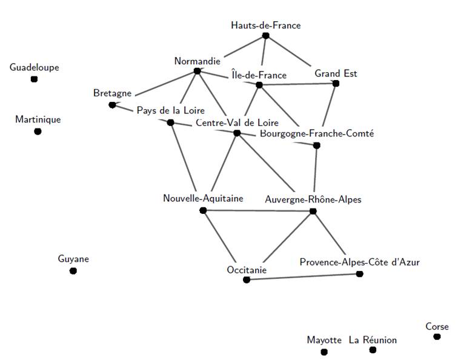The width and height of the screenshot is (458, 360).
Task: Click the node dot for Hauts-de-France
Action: point(265,36)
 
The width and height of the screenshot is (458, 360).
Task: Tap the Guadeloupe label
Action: point(35,67)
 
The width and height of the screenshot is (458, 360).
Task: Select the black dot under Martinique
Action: point(38,132)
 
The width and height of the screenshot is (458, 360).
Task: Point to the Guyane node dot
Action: point(73,271)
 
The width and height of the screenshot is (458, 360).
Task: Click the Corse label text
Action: point(437,327)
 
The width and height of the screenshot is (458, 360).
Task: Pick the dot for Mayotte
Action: point(324,352)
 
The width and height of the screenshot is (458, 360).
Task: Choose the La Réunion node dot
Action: point(373,350)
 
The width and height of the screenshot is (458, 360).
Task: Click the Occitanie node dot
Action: point(247,279)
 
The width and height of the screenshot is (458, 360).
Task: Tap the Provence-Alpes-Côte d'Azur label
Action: point(359,262)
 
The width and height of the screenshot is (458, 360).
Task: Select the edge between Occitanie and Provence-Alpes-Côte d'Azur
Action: point(303,277)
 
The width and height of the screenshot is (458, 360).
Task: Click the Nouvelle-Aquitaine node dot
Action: point(203,210)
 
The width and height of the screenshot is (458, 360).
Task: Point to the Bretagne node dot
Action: point(112,105)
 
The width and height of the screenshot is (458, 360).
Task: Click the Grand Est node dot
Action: point(336,84)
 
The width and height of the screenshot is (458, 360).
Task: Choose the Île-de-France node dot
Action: point(259,85)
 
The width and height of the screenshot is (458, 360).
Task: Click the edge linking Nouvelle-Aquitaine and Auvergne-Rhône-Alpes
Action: point(257,211)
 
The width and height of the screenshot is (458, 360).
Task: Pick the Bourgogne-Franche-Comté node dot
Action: point(316,145)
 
